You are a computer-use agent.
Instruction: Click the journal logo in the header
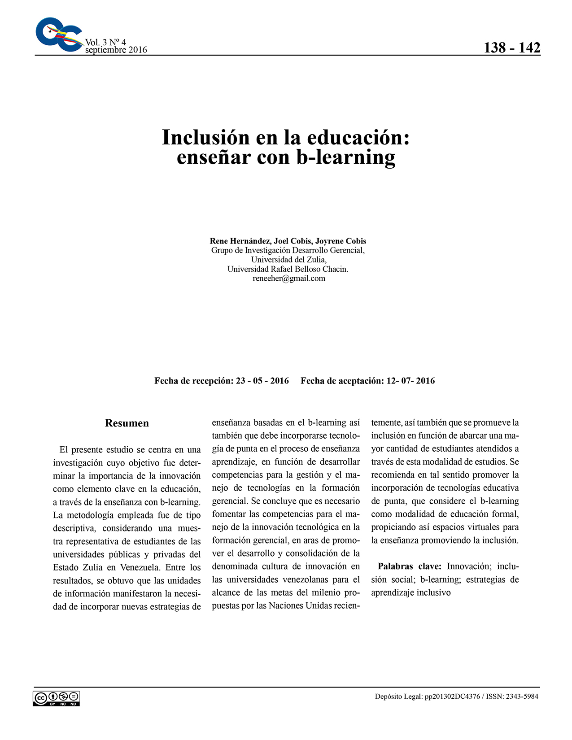pos(58,35)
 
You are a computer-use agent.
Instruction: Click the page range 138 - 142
pos(512,48)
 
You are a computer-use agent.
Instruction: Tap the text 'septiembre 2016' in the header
pos(116,50)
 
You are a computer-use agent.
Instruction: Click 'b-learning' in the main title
pos(345,157)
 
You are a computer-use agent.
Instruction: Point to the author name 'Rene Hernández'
pos(237,241)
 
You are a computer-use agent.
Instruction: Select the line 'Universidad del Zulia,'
pos(288,260)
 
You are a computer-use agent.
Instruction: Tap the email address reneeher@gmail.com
pos(288,279)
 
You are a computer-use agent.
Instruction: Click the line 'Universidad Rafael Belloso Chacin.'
pos(288,269)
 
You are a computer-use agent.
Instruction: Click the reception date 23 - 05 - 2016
pos(262,381)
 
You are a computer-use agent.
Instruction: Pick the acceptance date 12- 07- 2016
pos(410,381)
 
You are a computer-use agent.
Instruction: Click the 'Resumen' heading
pos(127,423)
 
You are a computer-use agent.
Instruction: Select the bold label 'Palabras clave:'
pos(410,566)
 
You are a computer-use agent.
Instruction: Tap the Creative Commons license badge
pos(56,698)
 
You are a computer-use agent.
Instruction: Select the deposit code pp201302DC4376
pos(452,696)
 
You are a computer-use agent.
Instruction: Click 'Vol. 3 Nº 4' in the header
pos(105,42)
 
